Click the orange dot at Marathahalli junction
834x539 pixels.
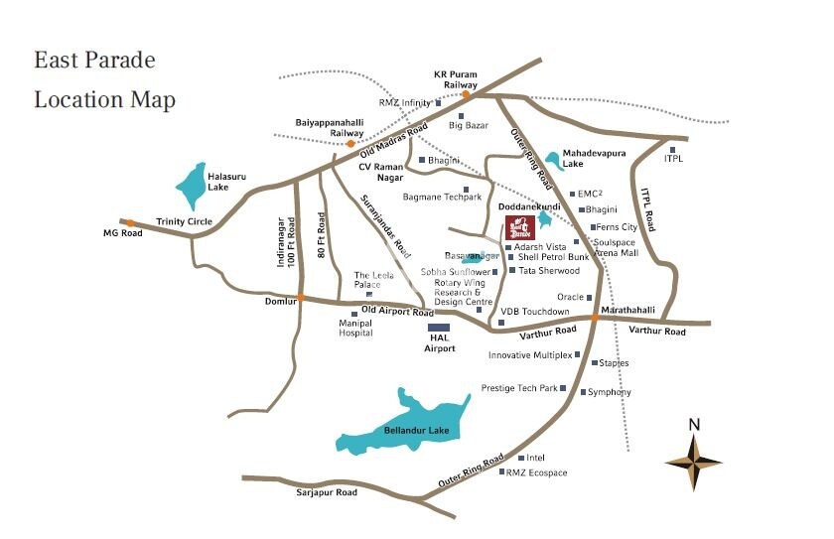point(594,318)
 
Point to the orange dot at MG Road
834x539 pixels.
point(130,223)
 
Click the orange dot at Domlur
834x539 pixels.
point(300,298)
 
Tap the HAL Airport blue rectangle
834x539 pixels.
point(439,327)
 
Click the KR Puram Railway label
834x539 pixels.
point(456,79)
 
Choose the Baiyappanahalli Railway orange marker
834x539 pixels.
point(350,143)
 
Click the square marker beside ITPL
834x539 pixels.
point(672,149)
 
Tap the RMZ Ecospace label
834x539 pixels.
point(536,472)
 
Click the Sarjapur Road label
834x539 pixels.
point(326,492)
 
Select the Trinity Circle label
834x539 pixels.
point(185,221)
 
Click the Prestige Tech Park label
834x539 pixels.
point(519,388)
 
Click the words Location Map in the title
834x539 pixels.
point(104,100)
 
